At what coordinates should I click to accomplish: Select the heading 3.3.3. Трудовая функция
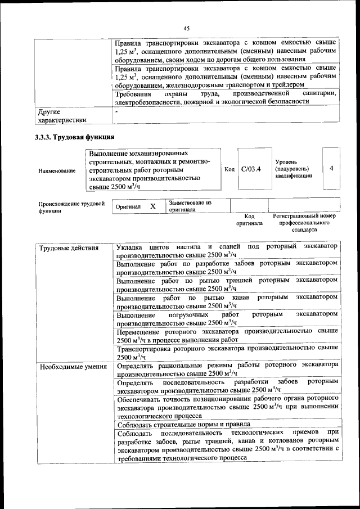point(71,137)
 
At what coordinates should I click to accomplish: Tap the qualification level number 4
point(331,168)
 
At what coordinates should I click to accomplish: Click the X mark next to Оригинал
point(152,206)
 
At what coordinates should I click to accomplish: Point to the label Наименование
point(57,170)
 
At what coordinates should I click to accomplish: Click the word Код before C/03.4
point(229,169)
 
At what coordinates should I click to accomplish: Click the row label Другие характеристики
point(62,116)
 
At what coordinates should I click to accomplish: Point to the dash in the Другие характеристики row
point(116,112)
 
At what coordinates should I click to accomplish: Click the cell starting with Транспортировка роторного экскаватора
point(227,352)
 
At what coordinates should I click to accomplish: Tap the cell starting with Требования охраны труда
point(227,97)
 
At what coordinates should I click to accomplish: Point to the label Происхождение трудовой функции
point(71,207)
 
